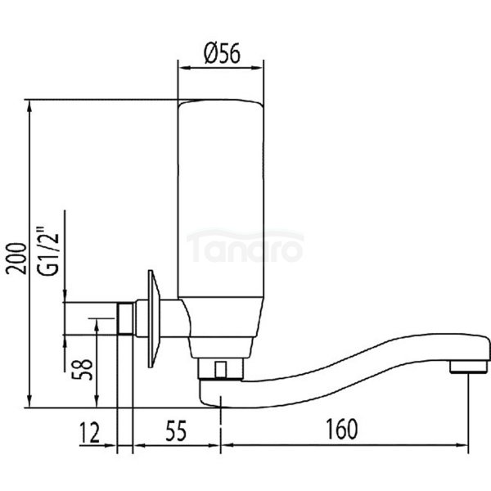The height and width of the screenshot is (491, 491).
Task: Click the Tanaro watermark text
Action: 245,245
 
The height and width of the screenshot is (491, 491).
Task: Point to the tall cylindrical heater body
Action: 220,213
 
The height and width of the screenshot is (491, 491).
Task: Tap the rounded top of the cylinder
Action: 220,103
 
